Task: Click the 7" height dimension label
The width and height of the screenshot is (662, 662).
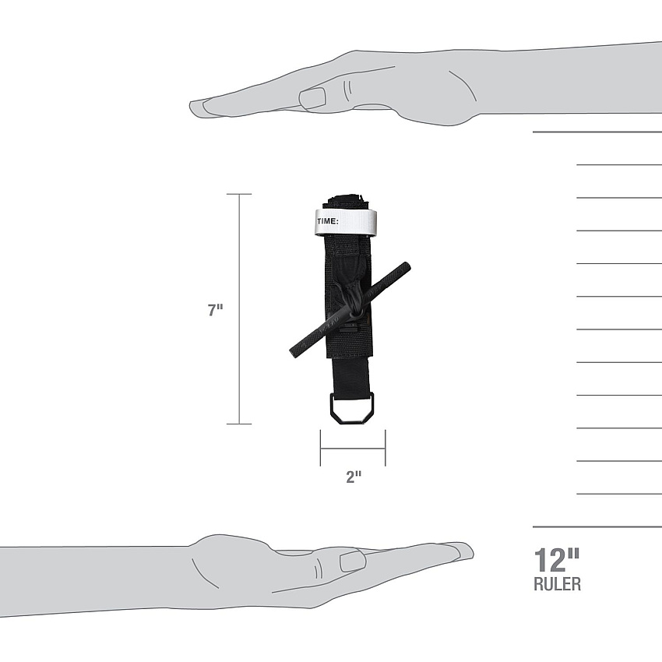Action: coord(215,310)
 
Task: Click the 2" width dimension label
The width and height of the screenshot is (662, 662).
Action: coord(354,477)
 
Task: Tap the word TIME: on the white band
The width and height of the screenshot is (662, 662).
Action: coord(328,221)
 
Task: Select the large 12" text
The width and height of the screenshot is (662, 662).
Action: coord(557,560)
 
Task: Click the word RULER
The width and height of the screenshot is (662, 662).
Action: coord(558,584)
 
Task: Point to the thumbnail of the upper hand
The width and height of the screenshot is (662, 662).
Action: coord(312,98)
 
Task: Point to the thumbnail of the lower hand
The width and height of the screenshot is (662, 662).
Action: coord(353,561)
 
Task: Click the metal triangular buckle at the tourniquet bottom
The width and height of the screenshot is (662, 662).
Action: coord(352,408)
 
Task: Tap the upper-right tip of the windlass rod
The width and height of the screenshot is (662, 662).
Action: coord(407,266)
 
